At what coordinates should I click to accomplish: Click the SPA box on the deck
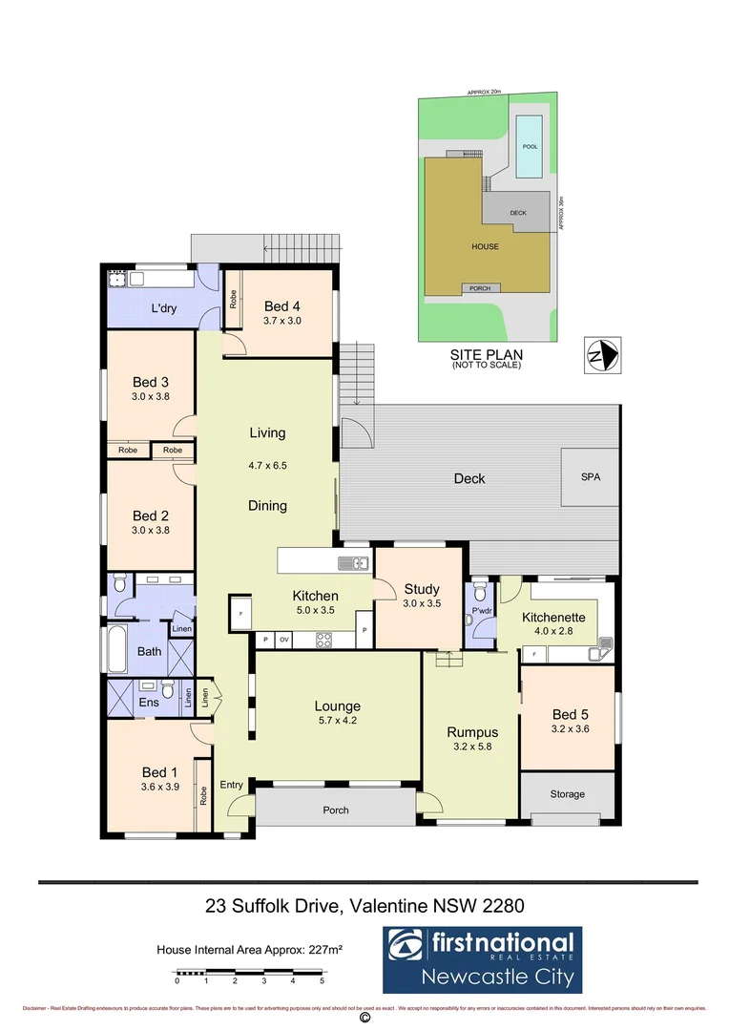tap(590, 476)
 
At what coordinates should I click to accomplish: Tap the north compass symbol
tap(601, 357)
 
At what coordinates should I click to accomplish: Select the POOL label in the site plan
tap(531, 147)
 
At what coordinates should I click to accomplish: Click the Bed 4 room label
tap(282, 306)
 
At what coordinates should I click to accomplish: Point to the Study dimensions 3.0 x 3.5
tap(421, 603)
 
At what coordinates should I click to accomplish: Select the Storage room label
tap(567, 794)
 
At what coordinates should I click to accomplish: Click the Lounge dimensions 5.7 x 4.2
tap(337, 721)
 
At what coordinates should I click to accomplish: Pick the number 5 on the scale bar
tap(323, 980)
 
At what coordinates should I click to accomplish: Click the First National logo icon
tap(406, 947)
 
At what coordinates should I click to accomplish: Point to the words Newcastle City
tap(501, 977)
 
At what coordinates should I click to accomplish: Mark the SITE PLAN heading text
tap(487, 354)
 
